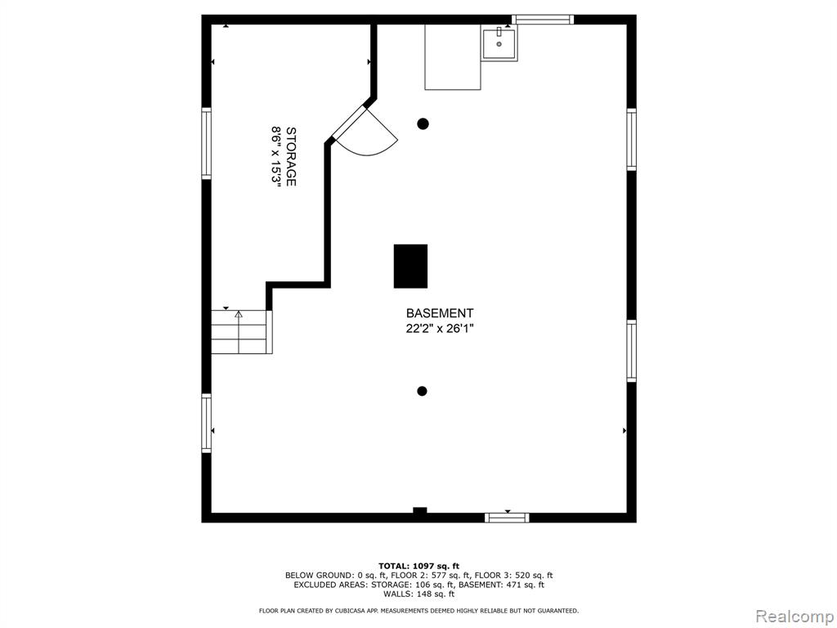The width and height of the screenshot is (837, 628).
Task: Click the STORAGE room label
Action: pyautogui.click(x=291, y=156)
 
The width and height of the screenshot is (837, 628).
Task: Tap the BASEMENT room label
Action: pyautogui.click(x=439, y=313)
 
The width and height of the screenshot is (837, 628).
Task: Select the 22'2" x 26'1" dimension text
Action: pyautogui.click(x=440, y=329)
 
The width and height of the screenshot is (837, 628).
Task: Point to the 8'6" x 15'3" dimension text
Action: pyautogui.click(x=276, y=156)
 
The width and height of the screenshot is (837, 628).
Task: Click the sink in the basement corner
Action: pyautogui.click(x=499, y=45)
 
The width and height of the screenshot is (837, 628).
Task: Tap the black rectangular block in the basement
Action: pyautogui.click(x=410, y=266)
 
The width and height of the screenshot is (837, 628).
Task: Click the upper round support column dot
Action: pyautogui.click(x=423, y=124)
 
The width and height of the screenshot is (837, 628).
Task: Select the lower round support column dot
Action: pyautogui.click(x=422, y=391)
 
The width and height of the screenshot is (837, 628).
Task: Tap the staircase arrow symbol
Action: pyautogui.click(x=239, y=315)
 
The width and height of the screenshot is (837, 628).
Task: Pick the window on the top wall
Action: pyautogui.click(x=543, y=20)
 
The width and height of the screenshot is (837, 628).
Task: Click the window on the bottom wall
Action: pyautogui.click(x=507, y=518)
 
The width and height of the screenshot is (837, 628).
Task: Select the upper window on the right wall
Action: pyautogui.click(x=632, y=139)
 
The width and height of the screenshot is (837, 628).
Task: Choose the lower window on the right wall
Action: pyautogui.click(x=632, y=351)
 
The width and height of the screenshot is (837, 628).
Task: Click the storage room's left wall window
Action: pyautogui.click(x=206, y=143)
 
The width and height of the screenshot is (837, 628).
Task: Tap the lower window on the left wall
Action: pyautogui.click(x=206, y=424)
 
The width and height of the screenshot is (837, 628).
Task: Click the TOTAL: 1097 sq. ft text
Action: pyautogui.click(x=418, y=566)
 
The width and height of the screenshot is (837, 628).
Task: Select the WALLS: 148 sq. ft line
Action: pyautogui.click(x=418, y=594)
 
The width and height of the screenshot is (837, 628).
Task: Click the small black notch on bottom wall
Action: pyautogui.click(x=420, y=510)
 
